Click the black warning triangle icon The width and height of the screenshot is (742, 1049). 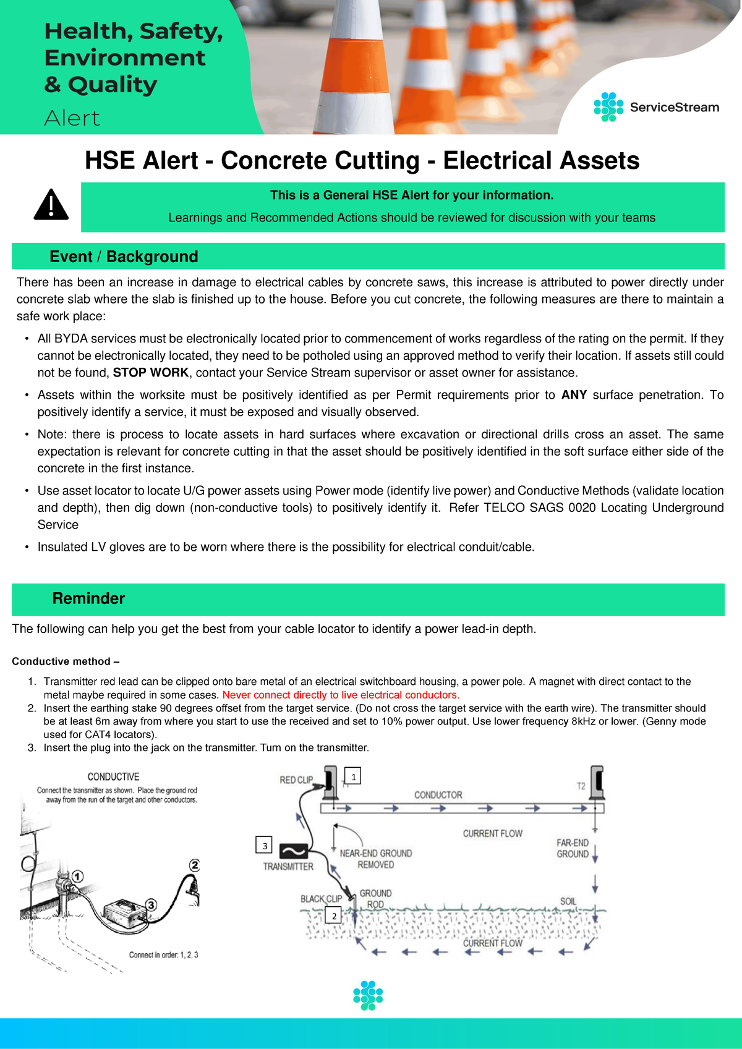(x=51, y=205)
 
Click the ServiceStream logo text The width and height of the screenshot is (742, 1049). (x=674, y=108)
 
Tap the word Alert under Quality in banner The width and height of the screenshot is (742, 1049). (x=72, y=118)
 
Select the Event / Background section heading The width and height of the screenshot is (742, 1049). (x=124, y=257)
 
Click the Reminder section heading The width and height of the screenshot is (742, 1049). (x=88, y=598)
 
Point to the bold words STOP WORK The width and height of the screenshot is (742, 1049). (x=150, y=373)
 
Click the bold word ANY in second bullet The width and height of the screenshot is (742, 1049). (x=574, y=395)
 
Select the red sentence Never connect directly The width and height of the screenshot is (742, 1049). (x=341, y=695)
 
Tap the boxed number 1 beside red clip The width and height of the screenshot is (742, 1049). (x=353, y=776)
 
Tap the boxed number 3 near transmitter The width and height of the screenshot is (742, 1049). (x=264, y=845)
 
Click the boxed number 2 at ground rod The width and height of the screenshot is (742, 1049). (x=334, y=915)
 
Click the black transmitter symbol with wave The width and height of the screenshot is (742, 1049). (x=294, y=851)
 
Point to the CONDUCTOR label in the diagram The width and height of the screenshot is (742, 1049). (x=438, y=795)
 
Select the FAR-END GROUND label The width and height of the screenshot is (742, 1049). (x=572, y=848)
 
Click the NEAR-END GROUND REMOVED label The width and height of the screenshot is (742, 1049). (x=375, y=859)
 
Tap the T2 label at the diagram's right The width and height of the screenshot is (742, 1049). (x=581, y=786)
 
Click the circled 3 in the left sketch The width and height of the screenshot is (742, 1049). (x=150, y=905)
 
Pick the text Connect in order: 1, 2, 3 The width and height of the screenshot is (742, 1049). (x=163, y=955)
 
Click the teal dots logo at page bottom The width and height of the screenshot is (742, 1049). (x=368, y=995)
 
